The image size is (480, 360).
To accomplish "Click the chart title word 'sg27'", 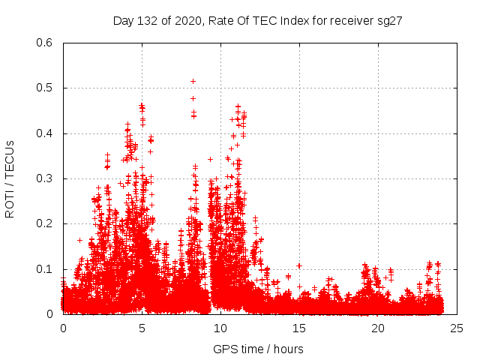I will [x=390, y=21].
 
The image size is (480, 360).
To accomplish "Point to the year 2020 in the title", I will [x=187, y=21].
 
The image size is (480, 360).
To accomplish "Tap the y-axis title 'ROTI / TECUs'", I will [x=10, y=178].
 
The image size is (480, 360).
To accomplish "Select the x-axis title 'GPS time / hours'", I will [x=258, y=349].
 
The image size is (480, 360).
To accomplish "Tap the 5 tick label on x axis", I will [x=142, y=328].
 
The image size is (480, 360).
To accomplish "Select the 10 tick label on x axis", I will [x=220, y=328].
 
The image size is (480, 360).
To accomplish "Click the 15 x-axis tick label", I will [x=299, y=328].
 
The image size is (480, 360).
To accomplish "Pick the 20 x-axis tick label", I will [x=378, y=328].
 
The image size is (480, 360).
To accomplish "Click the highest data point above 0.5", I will [x=193, y=81].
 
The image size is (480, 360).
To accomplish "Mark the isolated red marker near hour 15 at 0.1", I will [x=298, y=265].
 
